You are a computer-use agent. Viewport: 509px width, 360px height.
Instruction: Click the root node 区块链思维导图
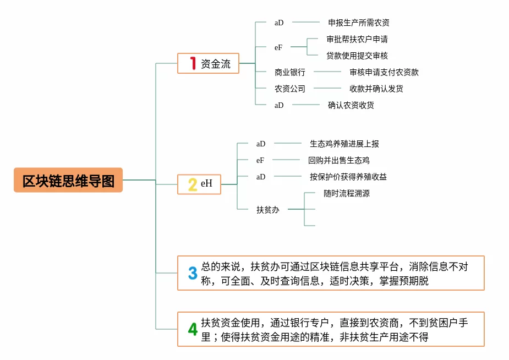point(68,180)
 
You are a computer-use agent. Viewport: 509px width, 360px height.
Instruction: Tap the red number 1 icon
point(193,63)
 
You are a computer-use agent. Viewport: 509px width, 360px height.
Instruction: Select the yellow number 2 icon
point(193,184)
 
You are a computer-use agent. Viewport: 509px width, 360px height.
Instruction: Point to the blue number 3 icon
point(193,273)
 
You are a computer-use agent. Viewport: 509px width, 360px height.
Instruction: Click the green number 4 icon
point(193,329)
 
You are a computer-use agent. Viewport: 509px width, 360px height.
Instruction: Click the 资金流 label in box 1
point(216,64)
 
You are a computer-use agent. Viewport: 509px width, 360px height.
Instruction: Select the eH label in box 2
point(206,183)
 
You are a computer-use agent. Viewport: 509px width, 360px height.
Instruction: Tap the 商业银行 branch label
point(290,72)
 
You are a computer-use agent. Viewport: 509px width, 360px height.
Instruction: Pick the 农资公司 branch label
point(290,89)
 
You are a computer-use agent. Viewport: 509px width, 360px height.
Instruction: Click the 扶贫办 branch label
point(268,210)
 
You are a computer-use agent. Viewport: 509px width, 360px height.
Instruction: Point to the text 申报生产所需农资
point(359,23)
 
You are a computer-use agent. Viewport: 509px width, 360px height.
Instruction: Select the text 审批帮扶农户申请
point(357,39)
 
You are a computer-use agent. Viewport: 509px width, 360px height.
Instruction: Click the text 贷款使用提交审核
point(357,56)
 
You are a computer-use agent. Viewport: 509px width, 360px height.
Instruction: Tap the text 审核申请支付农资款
point(384,72)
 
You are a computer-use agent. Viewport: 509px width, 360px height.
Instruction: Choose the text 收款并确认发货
point(376,89)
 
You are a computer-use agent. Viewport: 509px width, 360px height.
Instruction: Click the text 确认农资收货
point(351,105)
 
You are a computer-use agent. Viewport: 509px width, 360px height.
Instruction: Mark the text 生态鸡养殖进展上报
point(344,144)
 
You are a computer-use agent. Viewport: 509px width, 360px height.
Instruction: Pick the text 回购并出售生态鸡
point(338,160)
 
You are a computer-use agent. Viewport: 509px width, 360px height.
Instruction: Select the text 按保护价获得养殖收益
point(348,177)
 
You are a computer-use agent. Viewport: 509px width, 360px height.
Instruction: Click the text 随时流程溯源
point(347,193)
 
